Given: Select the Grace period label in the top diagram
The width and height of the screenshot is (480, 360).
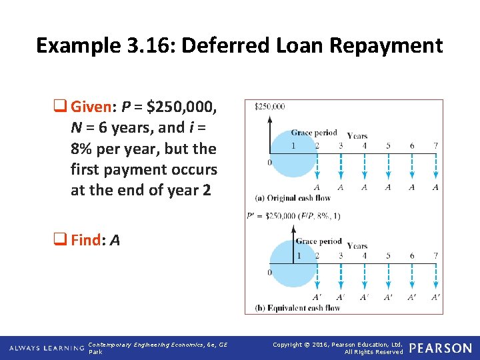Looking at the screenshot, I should click(314, 133).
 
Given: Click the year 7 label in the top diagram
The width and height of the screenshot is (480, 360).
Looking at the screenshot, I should click(435, 146).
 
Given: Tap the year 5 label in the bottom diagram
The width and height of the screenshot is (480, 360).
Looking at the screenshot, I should click(388, 255).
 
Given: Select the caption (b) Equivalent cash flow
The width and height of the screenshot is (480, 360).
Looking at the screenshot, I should click(297, 308).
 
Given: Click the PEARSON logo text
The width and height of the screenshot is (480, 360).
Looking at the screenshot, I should click(440, 348).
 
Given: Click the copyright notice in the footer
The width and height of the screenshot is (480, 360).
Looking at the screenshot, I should click(338, 347).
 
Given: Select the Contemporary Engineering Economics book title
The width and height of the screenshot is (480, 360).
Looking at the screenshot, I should click(158, 345).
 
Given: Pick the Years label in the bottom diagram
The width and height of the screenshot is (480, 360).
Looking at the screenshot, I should click(357, 246).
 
